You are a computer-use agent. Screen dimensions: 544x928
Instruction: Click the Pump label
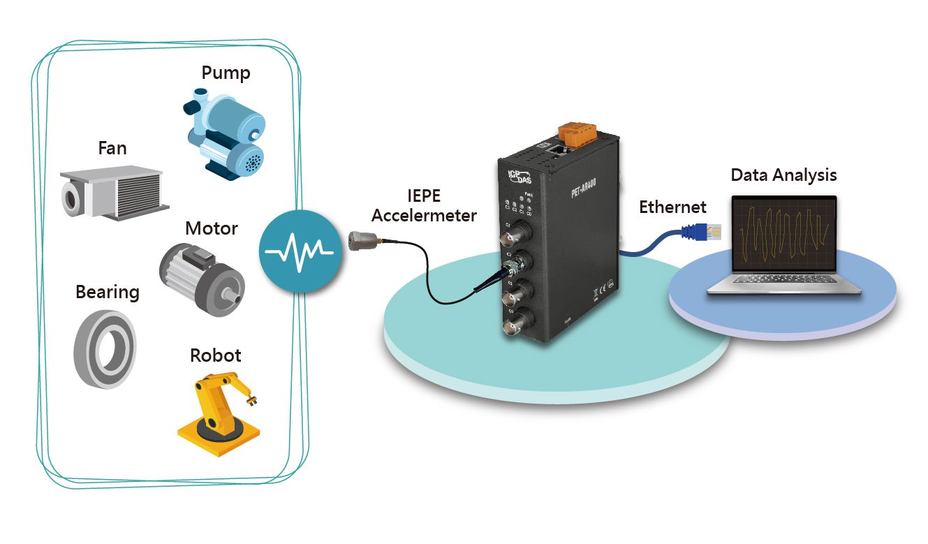click(226, 73)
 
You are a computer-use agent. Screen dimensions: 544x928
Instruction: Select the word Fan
click(112, 148)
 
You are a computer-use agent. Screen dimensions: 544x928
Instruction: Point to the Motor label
click(212, 228)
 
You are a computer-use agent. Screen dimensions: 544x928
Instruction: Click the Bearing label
click(108, 291)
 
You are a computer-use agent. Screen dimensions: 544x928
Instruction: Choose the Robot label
click(215, 355)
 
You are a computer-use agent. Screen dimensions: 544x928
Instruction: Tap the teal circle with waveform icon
click(300, 249)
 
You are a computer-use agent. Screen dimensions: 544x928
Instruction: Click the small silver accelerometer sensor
click(360, 242)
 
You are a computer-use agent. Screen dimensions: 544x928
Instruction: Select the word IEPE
click(423, 196)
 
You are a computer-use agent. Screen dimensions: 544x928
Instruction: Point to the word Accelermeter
click(424, 215)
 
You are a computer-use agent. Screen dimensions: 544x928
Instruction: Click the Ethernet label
click(672, 207)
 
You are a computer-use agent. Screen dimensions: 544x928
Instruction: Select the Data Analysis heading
click(783, 175)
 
